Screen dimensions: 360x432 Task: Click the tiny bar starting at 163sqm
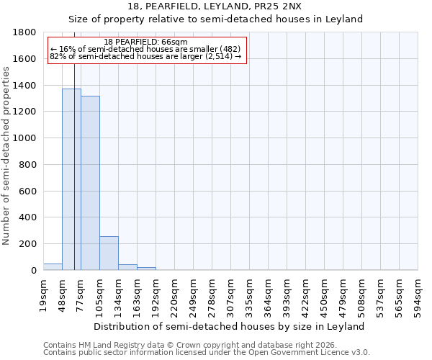point(146,269)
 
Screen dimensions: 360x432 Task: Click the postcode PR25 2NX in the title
point(269,6)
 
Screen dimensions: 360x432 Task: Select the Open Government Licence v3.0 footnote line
point(207,353)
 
